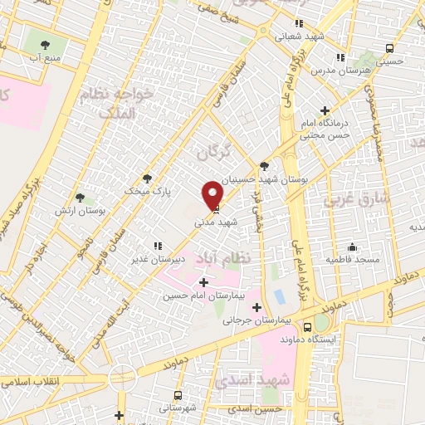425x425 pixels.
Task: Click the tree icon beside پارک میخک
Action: [148, 178]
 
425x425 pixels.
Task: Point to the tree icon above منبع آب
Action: [45, 44]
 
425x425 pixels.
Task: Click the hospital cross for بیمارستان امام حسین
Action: [204, 283]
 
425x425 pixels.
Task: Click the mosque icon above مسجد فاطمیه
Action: [352, 247]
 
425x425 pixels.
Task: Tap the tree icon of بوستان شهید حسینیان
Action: [264, 165]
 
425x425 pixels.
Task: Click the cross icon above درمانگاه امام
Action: [325, 110]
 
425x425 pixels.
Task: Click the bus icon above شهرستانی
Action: [177, 395]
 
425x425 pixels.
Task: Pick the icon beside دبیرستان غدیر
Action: [157, 246]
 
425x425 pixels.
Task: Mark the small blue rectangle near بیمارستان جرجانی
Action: [279, 295]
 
